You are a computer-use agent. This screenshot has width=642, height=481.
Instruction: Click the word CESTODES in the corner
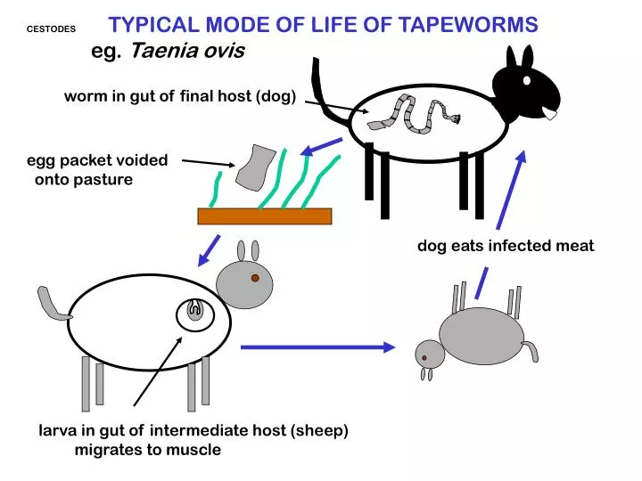tap(52, 29)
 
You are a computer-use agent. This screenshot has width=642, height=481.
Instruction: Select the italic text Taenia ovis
tap(187, 51)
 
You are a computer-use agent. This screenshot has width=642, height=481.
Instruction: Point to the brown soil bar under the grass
tap(264, 216)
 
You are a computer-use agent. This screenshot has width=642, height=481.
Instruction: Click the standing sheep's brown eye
tap(255, 279)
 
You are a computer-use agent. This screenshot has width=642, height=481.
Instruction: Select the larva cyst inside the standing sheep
tap(193, 312)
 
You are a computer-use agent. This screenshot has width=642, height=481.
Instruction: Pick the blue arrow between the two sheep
tap(317, 346)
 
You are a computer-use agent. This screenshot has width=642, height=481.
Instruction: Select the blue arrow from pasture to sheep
tap(210, 249)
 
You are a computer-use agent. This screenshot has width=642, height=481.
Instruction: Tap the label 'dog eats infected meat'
tap(506, 246)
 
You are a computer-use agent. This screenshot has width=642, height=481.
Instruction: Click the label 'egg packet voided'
tap(96, 160)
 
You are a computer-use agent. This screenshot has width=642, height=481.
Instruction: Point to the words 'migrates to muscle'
tap(147, 450)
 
